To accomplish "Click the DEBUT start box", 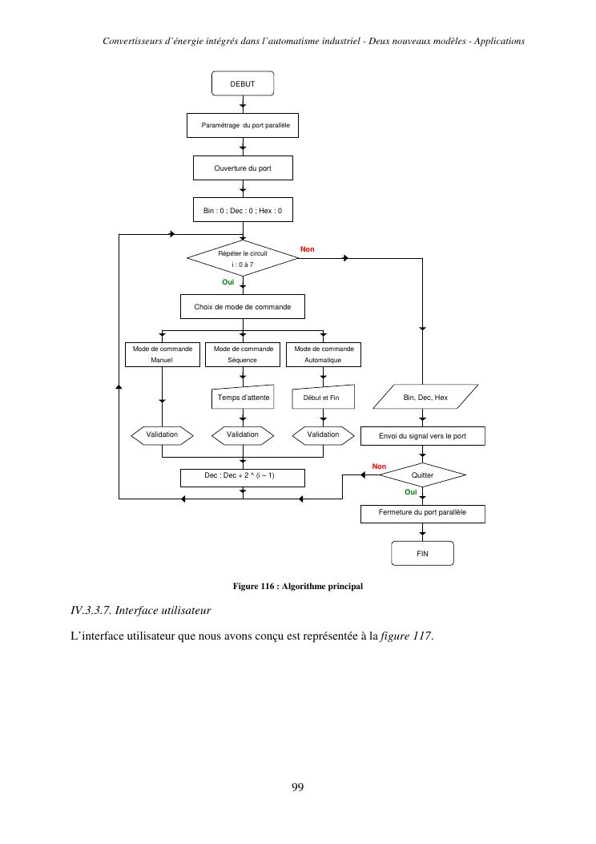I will click(243, 83).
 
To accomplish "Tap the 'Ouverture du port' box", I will click(243, 168).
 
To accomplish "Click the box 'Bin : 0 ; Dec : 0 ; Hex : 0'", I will click(243, 211).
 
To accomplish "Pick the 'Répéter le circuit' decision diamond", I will click(243, 258).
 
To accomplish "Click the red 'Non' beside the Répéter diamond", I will click(308, 249).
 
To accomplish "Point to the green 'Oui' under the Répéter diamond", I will click(228, 282).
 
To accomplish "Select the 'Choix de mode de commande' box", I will click(243, 307).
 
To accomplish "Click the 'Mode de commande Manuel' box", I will click(163, 354).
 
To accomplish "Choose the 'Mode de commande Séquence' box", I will click(243, 354).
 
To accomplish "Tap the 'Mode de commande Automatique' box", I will click(324, 354).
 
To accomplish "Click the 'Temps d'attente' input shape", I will click(244, 398).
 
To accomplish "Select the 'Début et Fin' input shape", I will click(322, 398).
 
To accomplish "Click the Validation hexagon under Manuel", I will click(163, 434).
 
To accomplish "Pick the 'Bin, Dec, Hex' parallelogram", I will click(425, 398).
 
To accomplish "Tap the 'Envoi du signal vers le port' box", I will click(422, 436).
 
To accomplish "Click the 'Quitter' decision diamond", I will click(422, 475).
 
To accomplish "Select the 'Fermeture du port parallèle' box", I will click(422, 512).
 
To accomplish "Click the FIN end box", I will click(422, 554).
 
